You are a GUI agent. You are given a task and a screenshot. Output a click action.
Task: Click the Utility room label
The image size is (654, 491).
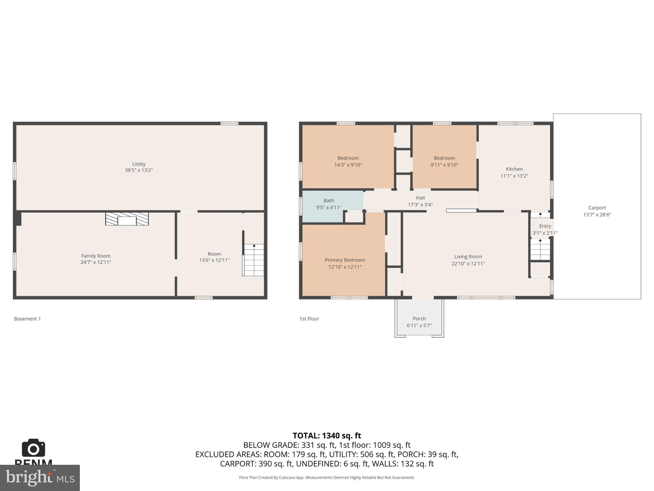[x=139, y=164]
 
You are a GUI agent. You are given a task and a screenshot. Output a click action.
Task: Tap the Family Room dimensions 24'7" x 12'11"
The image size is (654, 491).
[x=96, y=262]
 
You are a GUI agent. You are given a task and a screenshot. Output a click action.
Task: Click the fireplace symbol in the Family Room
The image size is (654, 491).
[x=127, y=219]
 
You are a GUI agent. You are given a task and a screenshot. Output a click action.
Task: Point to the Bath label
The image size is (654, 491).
[x=329, y=201]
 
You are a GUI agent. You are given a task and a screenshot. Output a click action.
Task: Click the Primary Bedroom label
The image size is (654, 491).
[x=345, y=260]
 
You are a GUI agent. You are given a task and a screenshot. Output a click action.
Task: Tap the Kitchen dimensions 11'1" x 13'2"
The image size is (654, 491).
[x=514, y=176]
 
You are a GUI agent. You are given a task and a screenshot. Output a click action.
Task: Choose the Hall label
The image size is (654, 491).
[x=420, y=198]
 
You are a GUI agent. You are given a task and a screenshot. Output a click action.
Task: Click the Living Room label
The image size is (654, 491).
[x=468, y=256]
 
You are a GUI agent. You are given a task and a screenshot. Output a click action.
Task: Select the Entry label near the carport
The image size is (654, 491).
[x=545, y=226]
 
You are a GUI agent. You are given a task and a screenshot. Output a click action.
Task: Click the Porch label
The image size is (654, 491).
[x=419, y=318]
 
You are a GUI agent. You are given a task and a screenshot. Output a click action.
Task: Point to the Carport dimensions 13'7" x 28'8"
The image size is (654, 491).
[x=597, y=215]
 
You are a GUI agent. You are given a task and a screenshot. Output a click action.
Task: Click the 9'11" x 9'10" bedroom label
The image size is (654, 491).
[x=444, y=158]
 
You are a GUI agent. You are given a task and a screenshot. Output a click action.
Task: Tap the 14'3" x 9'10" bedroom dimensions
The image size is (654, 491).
[x=348, y=165]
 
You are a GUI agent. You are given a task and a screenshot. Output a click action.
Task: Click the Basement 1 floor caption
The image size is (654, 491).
[x=27, y=319]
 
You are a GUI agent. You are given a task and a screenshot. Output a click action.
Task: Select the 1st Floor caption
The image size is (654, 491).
[x=309, y=319]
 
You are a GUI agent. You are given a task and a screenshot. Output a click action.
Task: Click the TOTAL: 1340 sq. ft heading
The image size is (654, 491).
[x=327, y=436]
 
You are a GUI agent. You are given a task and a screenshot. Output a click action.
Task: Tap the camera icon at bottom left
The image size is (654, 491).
[x=34, y=448]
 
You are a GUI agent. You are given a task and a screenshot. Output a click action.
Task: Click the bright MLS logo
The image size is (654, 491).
[x=40, y=478]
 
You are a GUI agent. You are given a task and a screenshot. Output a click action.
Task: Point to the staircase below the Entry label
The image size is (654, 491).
[x=540, y=250]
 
